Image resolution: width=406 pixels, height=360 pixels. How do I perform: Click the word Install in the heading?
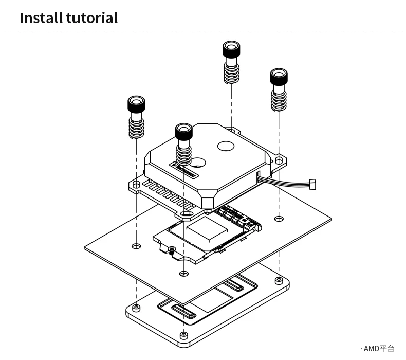[40, 18]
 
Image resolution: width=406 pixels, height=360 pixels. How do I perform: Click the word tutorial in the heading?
[92, 18]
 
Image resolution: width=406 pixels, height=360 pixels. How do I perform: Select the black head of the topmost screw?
[231, 50]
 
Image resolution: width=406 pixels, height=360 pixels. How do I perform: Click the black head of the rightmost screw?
[279, 77]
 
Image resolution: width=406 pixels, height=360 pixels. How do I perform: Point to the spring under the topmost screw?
[231, 73]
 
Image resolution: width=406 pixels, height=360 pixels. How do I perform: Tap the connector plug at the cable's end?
[312, 183]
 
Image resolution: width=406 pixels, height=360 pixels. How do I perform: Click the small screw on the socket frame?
[171, 249]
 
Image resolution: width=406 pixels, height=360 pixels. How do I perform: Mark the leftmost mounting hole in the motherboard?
[136, 246]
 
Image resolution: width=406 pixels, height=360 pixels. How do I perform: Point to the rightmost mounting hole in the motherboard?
[279, 219]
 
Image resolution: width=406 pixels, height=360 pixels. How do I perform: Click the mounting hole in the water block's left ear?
[136, 184]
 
